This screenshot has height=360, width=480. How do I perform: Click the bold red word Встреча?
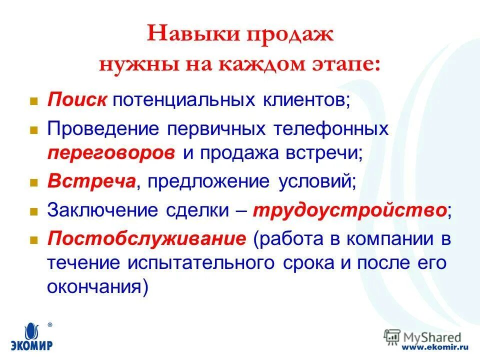pos(90,181)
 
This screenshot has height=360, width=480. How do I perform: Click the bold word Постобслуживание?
pos(146,239)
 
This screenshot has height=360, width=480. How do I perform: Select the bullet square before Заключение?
pos(34,211)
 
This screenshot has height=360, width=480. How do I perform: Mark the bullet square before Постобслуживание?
pos(34,240)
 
